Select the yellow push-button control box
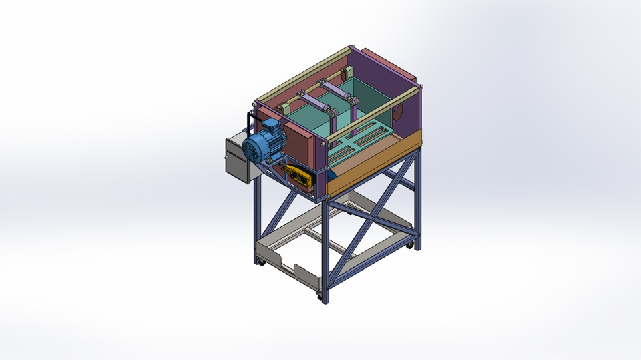298,176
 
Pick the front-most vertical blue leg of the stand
325,254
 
